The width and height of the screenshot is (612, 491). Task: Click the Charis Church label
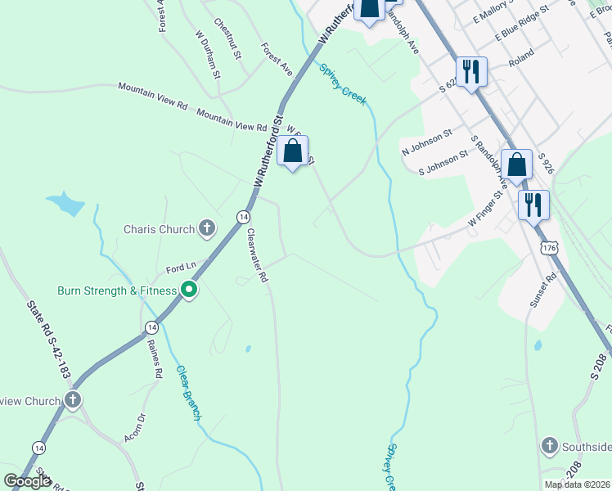coord(160,229)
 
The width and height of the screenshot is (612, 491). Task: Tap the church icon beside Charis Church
coord(207,229)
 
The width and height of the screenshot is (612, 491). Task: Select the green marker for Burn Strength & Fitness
coord(189,291)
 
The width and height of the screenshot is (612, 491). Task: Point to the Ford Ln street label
coord(182,267)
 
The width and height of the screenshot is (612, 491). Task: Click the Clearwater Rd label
coord(258,255)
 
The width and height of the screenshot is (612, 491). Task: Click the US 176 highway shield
coord(550,247)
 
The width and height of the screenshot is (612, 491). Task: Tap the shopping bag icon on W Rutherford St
coord(293,151)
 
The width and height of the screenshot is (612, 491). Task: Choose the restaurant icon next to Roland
coord(470,71)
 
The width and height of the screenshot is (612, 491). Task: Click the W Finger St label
coord(484,209)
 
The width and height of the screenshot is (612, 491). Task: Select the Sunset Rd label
coord(542,290)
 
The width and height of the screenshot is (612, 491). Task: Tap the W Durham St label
coord(208,55)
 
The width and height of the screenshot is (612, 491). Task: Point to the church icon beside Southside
coord(550,447)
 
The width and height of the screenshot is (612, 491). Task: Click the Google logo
coord(27,481)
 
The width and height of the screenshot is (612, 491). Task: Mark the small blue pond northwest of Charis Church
coord(65,202)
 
